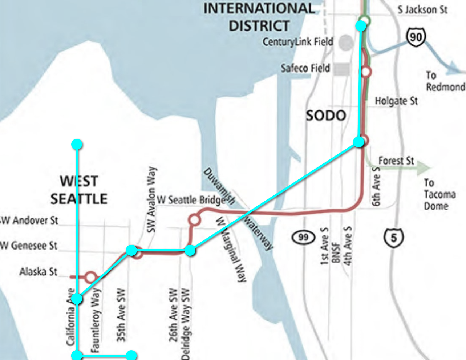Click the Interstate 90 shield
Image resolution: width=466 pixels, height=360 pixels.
point(416,37)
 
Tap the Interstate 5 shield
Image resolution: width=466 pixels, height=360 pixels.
point(394,238)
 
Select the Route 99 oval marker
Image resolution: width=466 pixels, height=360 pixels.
point(303,238)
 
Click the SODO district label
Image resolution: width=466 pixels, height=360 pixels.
point(326,116)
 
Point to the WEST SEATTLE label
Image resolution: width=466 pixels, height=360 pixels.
point(79,190)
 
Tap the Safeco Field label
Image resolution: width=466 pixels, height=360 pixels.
point(305,68)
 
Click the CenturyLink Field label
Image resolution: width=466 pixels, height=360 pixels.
point(298,42)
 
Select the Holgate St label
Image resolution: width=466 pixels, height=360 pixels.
point(396,101)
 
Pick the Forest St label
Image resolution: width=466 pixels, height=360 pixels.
point(396,161)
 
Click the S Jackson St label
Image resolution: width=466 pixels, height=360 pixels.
point(422,10)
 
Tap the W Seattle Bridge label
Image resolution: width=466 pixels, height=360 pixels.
point(191,199)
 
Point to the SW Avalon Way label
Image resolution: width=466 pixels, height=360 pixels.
point(151,199)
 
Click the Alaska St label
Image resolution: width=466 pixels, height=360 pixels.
point(38,271)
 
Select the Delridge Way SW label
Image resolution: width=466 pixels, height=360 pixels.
point(186,323)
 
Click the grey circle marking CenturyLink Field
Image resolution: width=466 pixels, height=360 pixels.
point(346,43)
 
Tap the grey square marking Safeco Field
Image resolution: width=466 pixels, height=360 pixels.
point(341,69)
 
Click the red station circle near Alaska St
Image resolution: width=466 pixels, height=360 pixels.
point(90,278)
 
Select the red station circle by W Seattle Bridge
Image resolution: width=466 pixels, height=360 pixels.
point(195,220)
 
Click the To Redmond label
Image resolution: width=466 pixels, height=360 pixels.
point(445,81)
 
